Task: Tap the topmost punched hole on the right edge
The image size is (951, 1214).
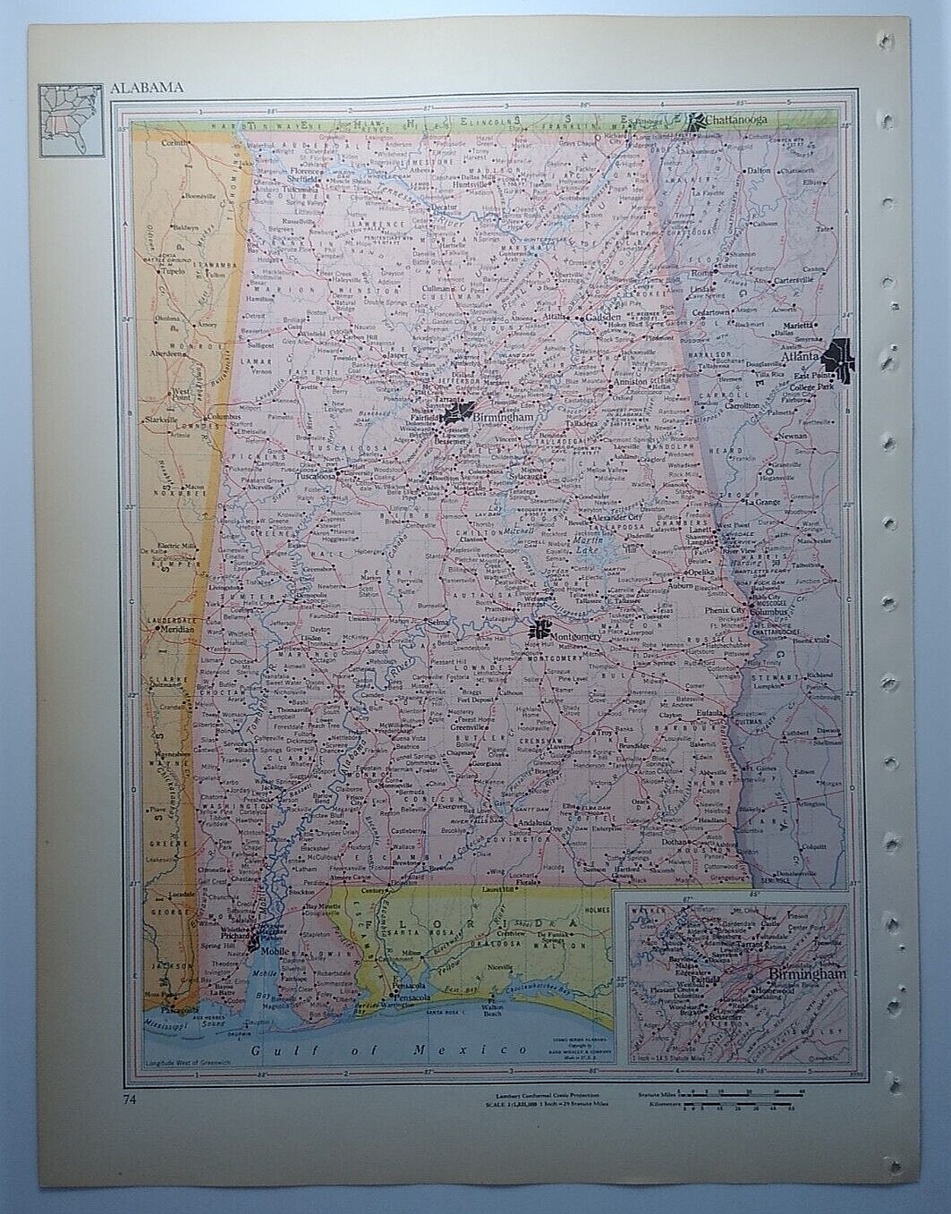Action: [x=886, y=40]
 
